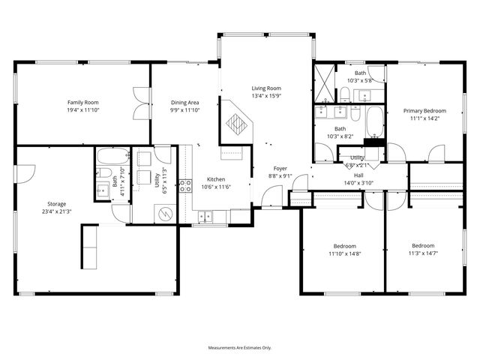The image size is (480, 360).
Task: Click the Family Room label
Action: click(82, 103)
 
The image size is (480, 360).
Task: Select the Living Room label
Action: click(265, 88)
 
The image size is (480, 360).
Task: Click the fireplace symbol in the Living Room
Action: click(238, 123)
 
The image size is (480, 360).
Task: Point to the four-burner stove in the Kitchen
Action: click(184, 187)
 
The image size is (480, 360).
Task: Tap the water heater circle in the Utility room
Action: click(163, 213)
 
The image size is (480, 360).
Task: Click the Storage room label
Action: click(56, 204)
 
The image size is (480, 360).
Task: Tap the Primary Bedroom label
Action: click(424, 110)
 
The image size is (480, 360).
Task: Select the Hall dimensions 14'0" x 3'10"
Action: click(358, 182)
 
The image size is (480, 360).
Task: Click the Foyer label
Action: click(280, 169)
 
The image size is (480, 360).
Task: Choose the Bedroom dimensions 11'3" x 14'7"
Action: click(422, 253)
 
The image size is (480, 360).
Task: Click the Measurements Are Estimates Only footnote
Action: click(239, 348)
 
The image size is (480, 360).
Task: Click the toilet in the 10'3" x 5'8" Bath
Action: click(345, 94)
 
